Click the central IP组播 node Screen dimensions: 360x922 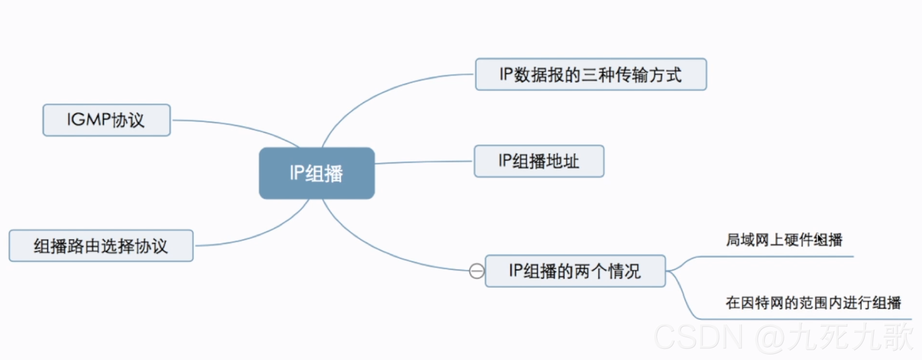[316, 173]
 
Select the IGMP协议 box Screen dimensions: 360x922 [106, 120]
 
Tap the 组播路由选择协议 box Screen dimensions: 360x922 [101, 246]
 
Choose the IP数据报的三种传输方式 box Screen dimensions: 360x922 [590, 74]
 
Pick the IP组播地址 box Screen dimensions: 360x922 [539, 161]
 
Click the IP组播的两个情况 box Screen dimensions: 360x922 [575, 271]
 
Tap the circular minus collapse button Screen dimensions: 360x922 [476, 271]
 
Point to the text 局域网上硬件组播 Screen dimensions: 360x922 [784, 240]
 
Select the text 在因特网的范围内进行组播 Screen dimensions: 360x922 [813, 303]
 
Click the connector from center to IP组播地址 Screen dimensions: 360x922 [422, 162]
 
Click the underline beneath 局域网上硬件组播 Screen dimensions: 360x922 [778, 257]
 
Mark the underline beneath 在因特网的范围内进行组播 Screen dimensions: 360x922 [806, 319]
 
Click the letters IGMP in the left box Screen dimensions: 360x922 [89, 120]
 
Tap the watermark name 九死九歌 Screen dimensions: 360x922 [850, 337]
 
